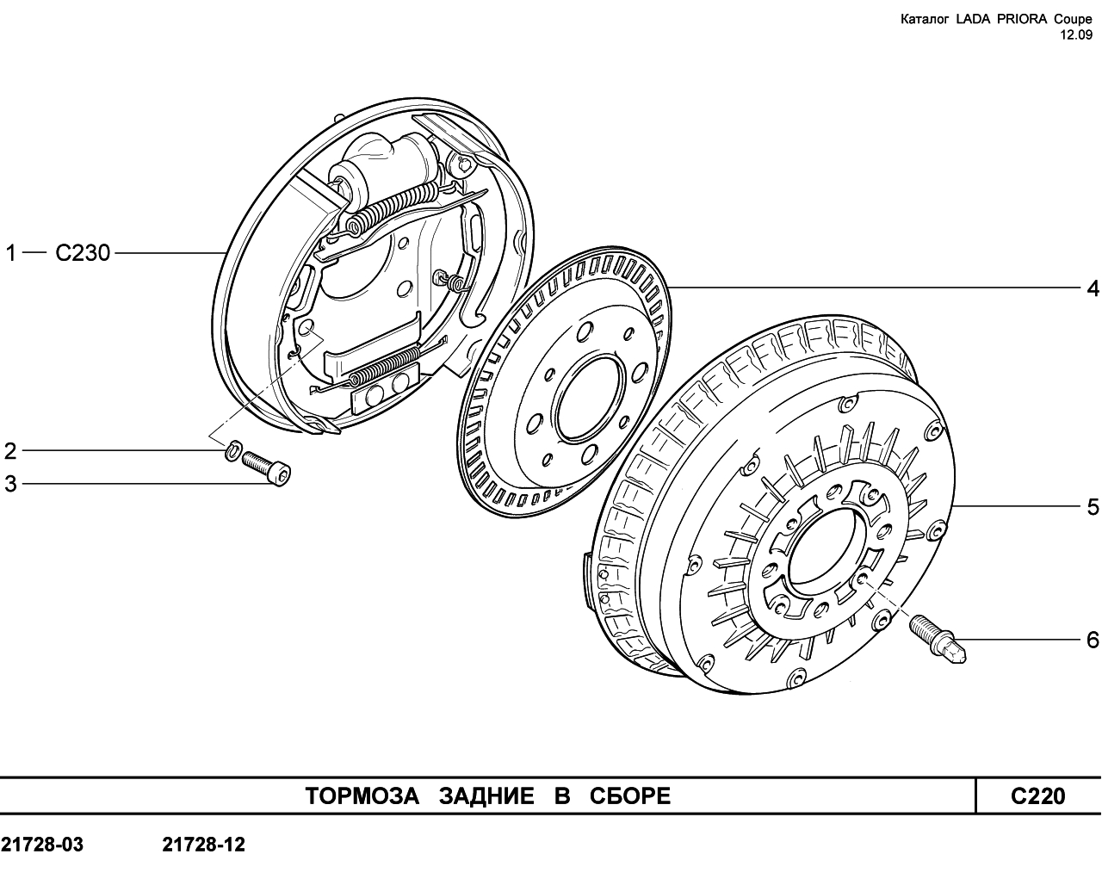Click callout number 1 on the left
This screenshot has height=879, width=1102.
(x=10, y=253)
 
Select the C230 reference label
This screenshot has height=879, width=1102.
(x=83, y=253)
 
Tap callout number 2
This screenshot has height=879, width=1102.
(x=10, y=451)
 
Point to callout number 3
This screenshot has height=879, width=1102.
(x=10, y=484)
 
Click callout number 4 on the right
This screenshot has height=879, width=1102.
(x=1093, y=289)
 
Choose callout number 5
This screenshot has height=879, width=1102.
(x=1093, y=506)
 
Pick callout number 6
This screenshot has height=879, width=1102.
(x=1093, y=640)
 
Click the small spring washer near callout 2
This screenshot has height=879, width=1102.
(x=232, y=449)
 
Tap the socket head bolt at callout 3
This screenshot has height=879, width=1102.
(x=266, y=467)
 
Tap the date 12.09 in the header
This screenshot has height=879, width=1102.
(x=1075, y=35)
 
